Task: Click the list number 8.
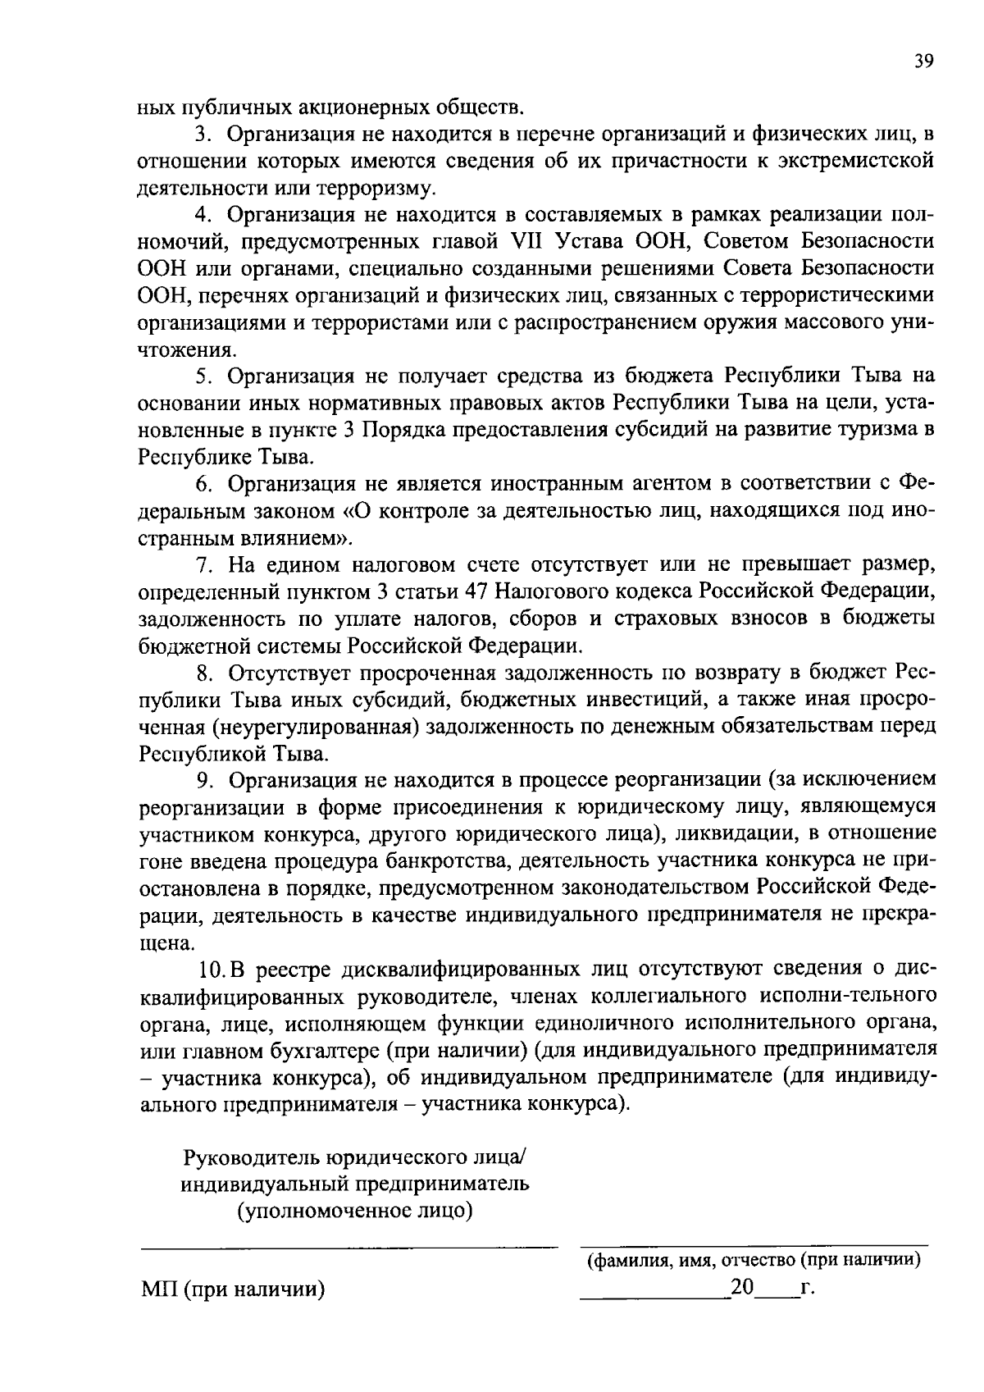tap(205, 673)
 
